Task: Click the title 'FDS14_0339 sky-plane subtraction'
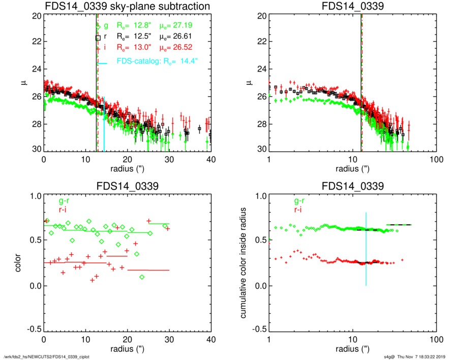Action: click(x=127, y=6)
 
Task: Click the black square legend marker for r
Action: click(x=98, y=38)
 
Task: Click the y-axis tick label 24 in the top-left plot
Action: click(x=36, y=69)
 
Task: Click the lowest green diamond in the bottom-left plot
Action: click(x=142, y=277)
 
